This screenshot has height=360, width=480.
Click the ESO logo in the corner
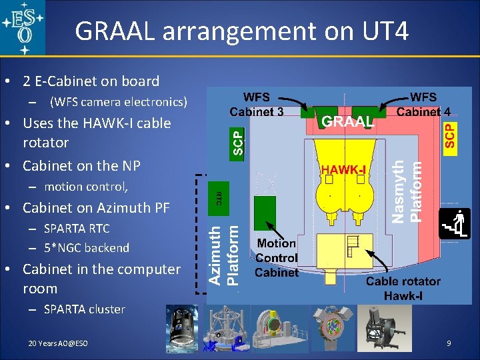tap(23, 28)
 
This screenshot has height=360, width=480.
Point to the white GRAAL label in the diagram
tap(348, 121)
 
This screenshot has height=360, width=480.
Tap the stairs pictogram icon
tap(455, 224)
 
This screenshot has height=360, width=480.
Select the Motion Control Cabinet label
tap(276, 258)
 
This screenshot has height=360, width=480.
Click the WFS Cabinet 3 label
tap(257, 104)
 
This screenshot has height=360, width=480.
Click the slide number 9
tap(449, 343)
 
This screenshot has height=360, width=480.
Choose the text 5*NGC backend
tap(87, 248)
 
